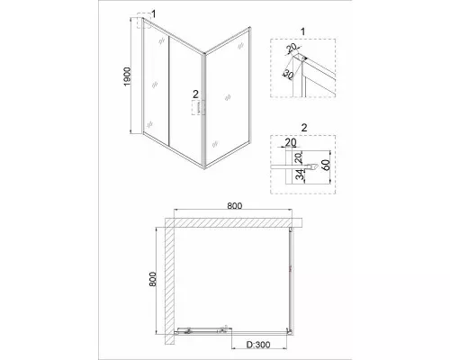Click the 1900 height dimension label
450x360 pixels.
128,76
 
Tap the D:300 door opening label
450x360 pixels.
258,345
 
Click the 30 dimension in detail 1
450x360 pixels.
287,74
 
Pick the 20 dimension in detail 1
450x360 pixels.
291,48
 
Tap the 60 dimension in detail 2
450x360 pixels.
326,165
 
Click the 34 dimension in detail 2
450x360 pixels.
300,175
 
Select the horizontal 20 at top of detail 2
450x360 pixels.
291,142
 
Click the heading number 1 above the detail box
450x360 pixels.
302,31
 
